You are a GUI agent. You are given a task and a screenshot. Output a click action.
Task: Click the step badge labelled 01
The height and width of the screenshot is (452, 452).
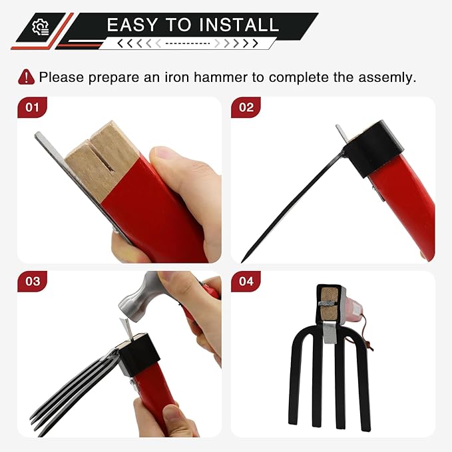pos(32,107)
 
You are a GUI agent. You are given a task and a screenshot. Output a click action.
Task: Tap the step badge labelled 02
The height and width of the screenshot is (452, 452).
pos(246,107)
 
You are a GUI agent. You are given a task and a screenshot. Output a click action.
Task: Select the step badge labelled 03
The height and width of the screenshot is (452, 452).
pos(32,281)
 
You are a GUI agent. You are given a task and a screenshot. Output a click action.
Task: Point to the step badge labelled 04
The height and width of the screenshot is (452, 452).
pos(246,281)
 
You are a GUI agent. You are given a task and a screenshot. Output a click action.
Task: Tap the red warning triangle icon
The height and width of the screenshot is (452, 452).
pos(26,77)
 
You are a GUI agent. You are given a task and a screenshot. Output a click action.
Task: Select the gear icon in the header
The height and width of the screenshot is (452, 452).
pos(41,27)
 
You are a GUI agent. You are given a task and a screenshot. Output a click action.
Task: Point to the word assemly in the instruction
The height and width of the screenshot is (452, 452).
pos(387,77)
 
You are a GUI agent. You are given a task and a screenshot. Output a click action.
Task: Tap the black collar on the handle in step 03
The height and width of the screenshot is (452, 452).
pos(143,356)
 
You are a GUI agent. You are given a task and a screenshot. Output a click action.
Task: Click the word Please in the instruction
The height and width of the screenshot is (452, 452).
pos(59,77)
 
